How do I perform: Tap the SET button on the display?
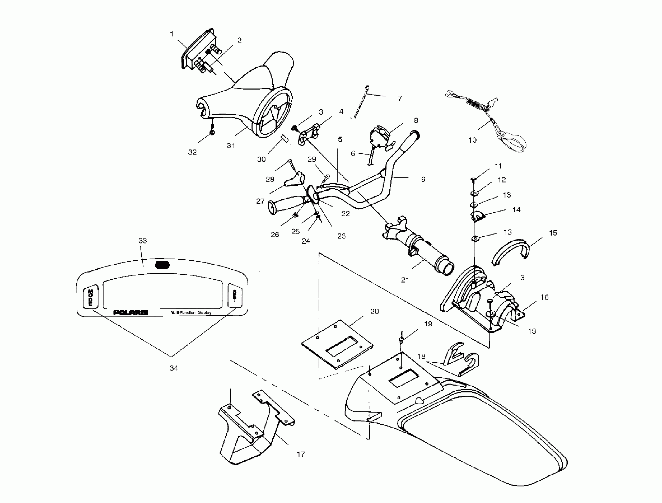click(235, 296)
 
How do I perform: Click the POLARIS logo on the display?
click(130, 313)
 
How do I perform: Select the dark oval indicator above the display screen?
click(162, 265)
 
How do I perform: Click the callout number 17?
click(301, 454)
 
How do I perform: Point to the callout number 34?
click(174, 368)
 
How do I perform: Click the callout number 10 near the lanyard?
click(472, 140)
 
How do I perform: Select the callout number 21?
click(405, 280)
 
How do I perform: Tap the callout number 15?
click(553, 233)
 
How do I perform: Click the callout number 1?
click(172, 34)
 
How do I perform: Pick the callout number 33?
click(143, 241)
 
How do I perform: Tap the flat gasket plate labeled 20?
click(338, 344)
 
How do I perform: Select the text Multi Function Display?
click(191, 312)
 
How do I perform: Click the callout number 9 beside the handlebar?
click(423, 179)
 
